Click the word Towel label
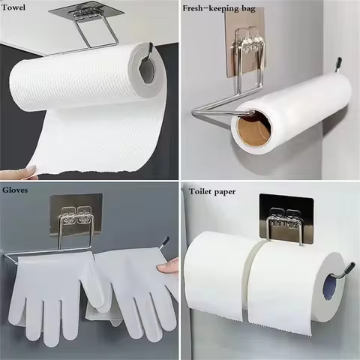tap(17, 8)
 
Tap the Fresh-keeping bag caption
tap(220, 8)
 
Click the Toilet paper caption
tap(211, 192)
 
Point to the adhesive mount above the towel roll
tap(84, 13)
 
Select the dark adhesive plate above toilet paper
tap(284, 213)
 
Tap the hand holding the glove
tap(170, 265)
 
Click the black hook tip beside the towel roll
tap(150, 49)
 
